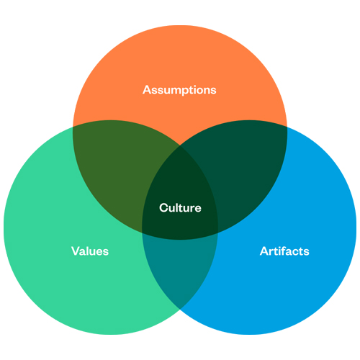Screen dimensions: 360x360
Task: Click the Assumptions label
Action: [x=179, y=90]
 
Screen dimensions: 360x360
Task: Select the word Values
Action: [x=90, y=251]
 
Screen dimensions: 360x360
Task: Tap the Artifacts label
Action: [x=284, y=251]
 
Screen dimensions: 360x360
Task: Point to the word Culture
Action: [x=180, y=207]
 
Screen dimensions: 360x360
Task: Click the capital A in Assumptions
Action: [x=147, y=90]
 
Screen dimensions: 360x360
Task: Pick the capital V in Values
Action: [x=76, y=251]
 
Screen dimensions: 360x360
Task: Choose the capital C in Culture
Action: [x=163, y=208]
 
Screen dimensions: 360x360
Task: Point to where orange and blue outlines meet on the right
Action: [x=287, y=127]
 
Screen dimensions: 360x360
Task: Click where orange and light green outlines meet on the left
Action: [x=73, y=127]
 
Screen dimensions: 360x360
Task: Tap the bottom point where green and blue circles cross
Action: [x=180, y=309]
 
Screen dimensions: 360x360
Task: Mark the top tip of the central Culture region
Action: [x=180, y=145]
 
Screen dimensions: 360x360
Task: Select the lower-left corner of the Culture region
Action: [x=142, y=233]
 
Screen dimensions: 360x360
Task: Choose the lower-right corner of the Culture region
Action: [x=218, y=233]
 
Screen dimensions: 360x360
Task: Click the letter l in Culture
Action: [x=177, y=207]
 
